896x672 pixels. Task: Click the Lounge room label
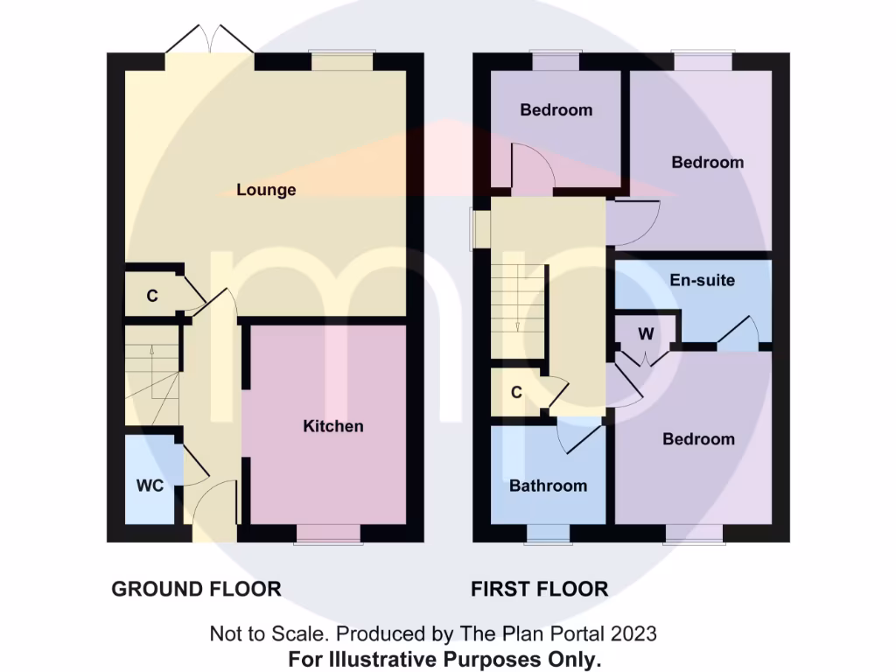pyautogui.click(x=266, y=190)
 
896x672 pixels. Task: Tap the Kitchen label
pyautogui.click(x=332, y=426)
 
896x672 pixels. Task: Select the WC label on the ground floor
pyautogui.click(x=150, y=486)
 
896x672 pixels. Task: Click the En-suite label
pyautogui.click(x=702, y=281)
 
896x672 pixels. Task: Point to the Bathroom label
pyautogui.click(x=548, y=486)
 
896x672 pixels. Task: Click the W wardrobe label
pyautogui.click(x=646, y=334)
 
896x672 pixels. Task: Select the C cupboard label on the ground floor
pyautogui.click(x=151, y=297)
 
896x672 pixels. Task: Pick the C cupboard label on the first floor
pyautogui.click(x=516, y=393)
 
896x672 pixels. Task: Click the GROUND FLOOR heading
pyautogui.click(x=196, y=589)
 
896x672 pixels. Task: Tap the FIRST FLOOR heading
pyautogui.click(x=539, y=589)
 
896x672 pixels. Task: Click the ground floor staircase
pyautogui.click(x=152, y=376)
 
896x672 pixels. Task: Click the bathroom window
pyautogui.click(x=549, y=534)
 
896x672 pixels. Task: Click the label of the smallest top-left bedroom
pyautogui.click(x=556, y=110)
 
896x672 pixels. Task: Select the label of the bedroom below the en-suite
pyautogui.click(x=698, y=439)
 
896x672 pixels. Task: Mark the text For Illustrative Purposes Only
pyautogui.click(x=444, y=658)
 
